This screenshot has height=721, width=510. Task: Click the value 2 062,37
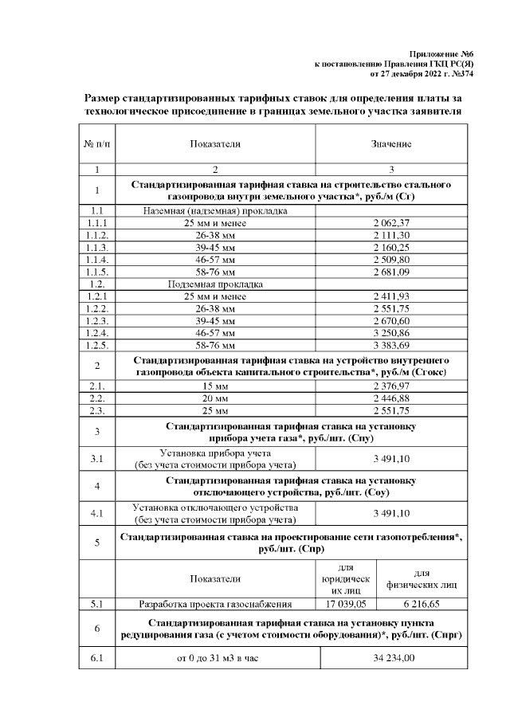(390, 222)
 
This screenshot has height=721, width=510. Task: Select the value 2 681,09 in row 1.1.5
(390, 271)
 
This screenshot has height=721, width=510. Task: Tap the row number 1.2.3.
(96, 320)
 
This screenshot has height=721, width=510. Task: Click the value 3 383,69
(390, 345)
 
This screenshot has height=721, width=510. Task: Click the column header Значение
(390, 144)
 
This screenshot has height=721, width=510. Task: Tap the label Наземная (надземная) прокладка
(215, 210)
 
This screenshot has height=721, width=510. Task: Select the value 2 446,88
(390, 398)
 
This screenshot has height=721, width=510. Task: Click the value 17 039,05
(345, 605)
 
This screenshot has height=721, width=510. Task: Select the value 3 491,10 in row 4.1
(390, 513)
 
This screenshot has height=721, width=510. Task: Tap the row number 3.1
(96, 459)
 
